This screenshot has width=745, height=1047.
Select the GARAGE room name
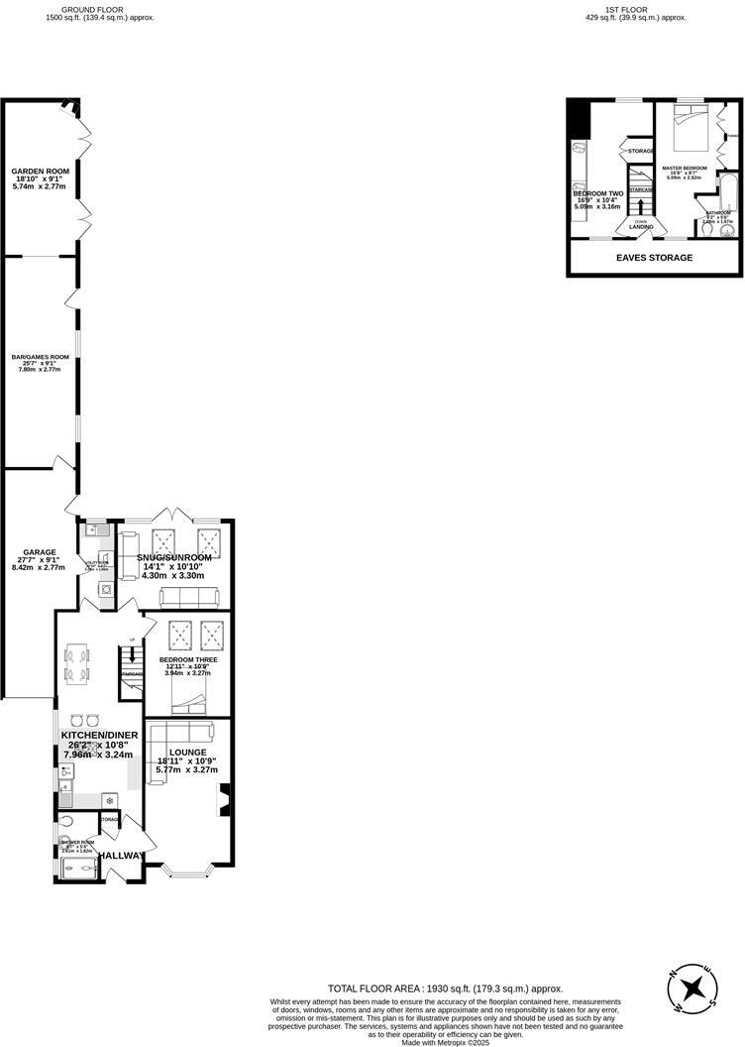[40, 552]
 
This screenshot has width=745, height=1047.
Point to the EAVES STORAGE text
[654, 258]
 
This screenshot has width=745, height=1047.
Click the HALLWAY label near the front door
[129, 855]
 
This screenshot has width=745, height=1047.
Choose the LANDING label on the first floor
[641, 227]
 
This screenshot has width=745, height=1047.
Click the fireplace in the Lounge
[225, 797]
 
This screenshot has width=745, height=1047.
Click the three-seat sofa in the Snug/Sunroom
[190, 597]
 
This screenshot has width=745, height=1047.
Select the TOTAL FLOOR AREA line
[446, 989]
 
